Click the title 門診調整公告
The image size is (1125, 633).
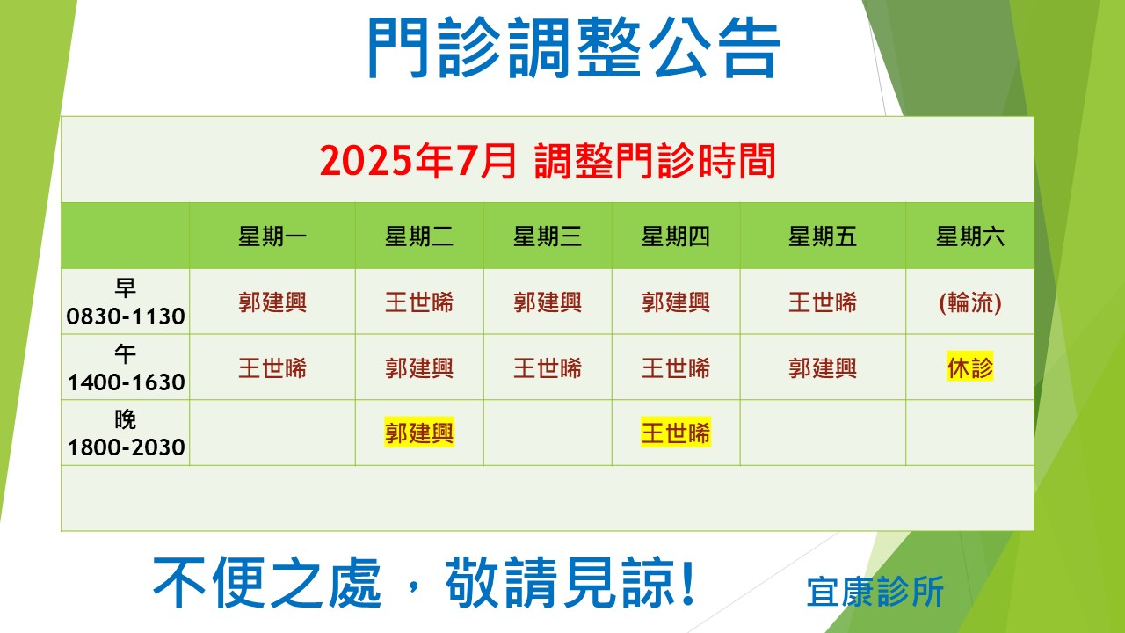click(x=574, y=47)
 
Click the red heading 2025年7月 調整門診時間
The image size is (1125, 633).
click(x=548, y=161)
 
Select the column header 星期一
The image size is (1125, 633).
click(x=272, y=236)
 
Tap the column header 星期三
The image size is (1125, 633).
click(x=548, y=236)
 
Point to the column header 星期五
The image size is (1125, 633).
click(x=822, y=236)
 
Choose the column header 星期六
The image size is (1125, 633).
click(x=969, y=236)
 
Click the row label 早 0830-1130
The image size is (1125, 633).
click(x=126, y=302)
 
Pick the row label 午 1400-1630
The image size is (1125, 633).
click(x=126, y=367)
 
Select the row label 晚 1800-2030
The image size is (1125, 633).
click(x=126, y=433)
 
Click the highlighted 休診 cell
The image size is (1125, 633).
click(x=969, y=367)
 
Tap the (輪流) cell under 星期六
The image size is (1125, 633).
click(x=969, y=302)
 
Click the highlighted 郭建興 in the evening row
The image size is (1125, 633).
click(x=419, y=433)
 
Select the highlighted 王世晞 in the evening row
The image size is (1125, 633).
click(x=676, y=433)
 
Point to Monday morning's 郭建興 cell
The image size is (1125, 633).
click(x=272, y=302)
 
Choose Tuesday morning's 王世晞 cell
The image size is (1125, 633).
click(x=419, y=302)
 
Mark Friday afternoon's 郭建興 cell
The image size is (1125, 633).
click(x=822, y=368)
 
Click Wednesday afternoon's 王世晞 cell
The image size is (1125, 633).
click(x=548, y=368)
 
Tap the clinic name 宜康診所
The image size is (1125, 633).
click(x=875, y=592)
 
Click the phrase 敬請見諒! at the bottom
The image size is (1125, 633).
click(x=570, y=583)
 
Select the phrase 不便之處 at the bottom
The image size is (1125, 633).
click(x=267, y=583)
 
